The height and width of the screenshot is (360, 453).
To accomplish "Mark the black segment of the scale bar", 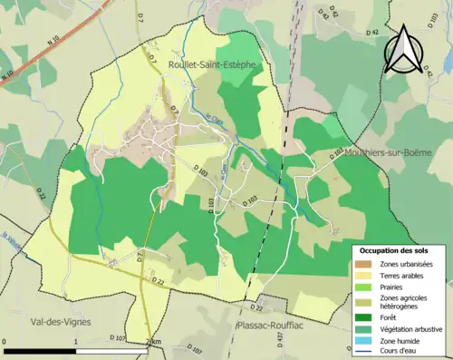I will point(40,350).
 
